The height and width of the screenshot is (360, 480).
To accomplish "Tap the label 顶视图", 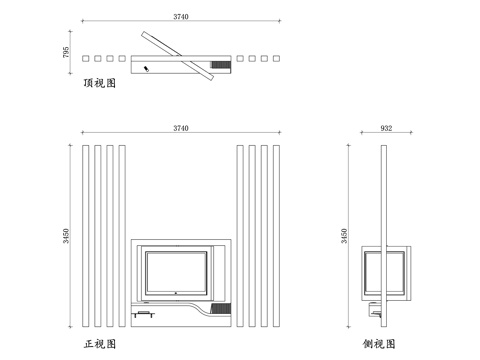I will pos(100,84).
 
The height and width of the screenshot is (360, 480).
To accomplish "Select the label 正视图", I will pos(100,343).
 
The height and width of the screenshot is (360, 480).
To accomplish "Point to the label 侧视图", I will pos(381,343).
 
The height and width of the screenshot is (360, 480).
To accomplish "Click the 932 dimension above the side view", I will pos(386,129).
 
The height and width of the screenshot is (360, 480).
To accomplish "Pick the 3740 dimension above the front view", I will pos(180,129).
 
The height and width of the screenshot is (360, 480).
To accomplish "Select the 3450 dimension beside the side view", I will pos(346,236).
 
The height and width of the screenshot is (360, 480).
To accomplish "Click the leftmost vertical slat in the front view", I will pos(86,236).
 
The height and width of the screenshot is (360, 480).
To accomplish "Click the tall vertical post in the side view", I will pos(386,236).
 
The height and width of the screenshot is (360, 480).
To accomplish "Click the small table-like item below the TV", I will pos(146,315).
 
